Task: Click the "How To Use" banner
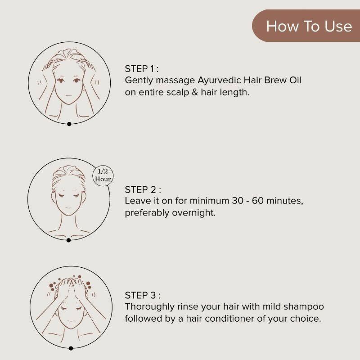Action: (309, 26)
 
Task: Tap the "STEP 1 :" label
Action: (142, 69)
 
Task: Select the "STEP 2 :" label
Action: (143, 189)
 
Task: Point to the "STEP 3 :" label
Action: (143, 295)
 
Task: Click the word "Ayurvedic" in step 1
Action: (218, 81)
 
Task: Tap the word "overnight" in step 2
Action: (193, 212)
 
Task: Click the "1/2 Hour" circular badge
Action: (103, 175)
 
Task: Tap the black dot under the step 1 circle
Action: (69, 124)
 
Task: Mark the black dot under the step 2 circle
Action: (68, 240)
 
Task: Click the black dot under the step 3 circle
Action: (71, 348)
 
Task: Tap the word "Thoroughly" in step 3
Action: (147, 307)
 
